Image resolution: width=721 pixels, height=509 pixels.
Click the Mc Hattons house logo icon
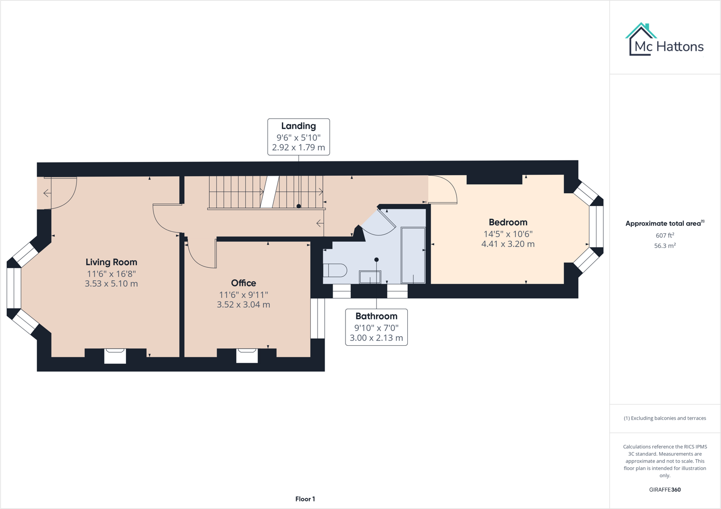coord(641,39)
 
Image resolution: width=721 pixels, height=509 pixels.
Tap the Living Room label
coord(111,262)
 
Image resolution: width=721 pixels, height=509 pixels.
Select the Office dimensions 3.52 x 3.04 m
coord(243,305)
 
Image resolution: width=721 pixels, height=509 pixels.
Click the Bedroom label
coord(508,222)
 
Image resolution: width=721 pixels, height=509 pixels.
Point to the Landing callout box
coord(298,137)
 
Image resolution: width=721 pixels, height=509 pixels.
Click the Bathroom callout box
coord(376,327)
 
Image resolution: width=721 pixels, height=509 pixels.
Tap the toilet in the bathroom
coord(335,270)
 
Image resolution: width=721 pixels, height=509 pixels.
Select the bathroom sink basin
coord(370,277)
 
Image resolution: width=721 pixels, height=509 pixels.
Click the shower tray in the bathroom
coord(413,255)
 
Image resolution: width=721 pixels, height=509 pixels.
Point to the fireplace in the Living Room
coord(115,356)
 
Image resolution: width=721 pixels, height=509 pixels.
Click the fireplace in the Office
coord(247,356)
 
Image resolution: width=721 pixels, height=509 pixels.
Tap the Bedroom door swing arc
coord(444,189)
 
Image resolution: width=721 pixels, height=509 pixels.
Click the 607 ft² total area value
coord(664,236)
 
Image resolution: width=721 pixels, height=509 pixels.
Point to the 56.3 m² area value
coord(664,246)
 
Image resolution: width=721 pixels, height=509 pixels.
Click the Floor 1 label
coord(305,499)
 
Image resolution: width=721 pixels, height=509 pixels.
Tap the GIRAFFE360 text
coord(664,490)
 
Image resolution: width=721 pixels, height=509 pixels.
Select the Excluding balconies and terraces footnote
coord(664,418)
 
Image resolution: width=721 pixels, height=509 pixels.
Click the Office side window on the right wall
coord(317,318)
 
